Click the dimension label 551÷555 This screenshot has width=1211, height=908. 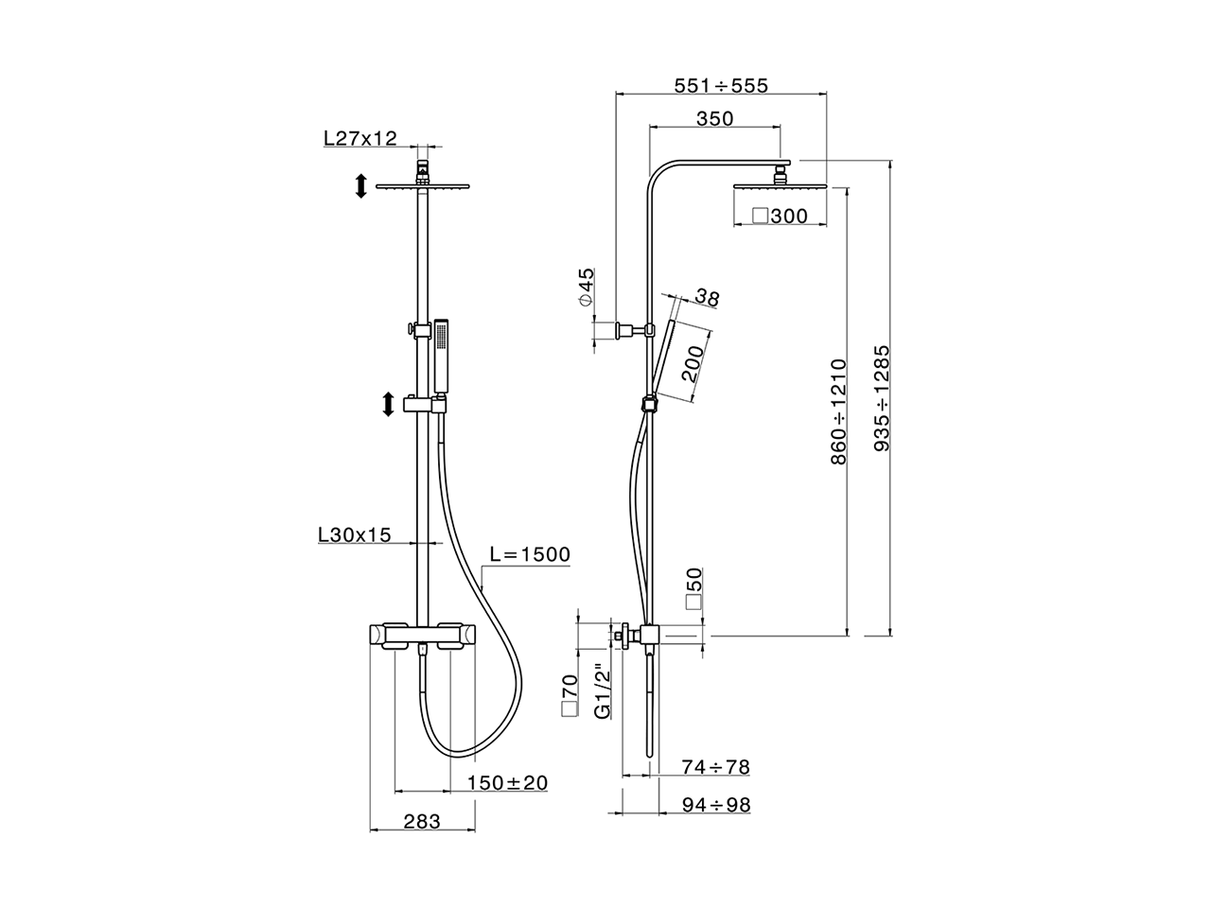pyautogui.click(x=721, y=85)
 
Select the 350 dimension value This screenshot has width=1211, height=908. pyautogui.click(x=715, y=118)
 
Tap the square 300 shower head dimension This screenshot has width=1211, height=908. pyautogui.click(x=780, y=217)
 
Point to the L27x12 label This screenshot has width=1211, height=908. pyautogui.click(x=360, y=138)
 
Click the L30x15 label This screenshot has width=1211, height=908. pyautogui.click(x=354, y=535)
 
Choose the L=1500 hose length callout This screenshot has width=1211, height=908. pyautogui.click(x=530, y=554)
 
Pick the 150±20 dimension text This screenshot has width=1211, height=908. pyautogui.click(x=508, y=783)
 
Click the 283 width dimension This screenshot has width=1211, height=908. pyautogui.click(x=422, y=822)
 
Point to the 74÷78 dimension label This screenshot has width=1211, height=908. pyautogui.click(x=715, y=767)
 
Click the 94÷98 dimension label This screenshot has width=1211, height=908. pyautogui.click(x=715, y=805)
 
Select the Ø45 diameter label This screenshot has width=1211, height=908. pyautogui.click(x=587, y=286)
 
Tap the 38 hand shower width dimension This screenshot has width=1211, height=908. pyautogui.click(x=706, y=298)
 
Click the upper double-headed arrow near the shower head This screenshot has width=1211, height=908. pyautogui.click(x=360, y=185)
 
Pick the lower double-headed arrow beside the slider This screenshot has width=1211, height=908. pyautogui.click(x=387, y=405)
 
